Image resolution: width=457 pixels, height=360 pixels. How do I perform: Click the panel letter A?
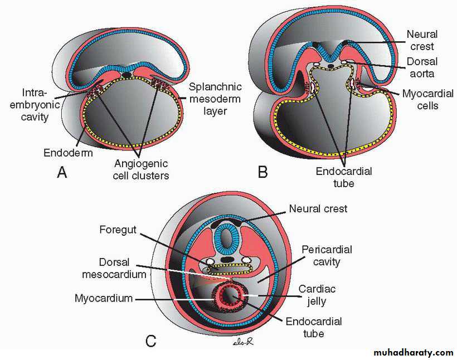coord(62,173)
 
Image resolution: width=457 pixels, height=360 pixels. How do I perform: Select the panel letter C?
coord(150,339)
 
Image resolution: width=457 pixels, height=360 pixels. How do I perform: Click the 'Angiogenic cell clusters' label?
coord(142,169)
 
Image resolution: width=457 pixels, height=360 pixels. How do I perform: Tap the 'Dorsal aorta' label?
coord(421,67)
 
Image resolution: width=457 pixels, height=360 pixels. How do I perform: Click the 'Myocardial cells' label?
coord(428,99)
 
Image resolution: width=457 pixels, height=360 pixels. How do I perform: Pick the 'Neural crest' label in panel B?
coord(421,40)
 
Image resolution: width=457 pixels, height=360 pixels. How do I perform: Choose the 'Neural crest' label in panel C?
coord(318,209)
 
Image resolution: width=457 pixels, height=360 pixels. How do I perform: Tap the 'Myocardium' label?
coord(104,298)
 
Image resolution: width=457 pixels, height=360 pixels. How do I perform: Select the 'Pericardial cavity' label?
coord(326,256)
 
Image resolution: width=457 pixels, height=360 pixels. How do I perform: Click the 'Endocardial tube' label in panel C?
coord(313,328)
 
